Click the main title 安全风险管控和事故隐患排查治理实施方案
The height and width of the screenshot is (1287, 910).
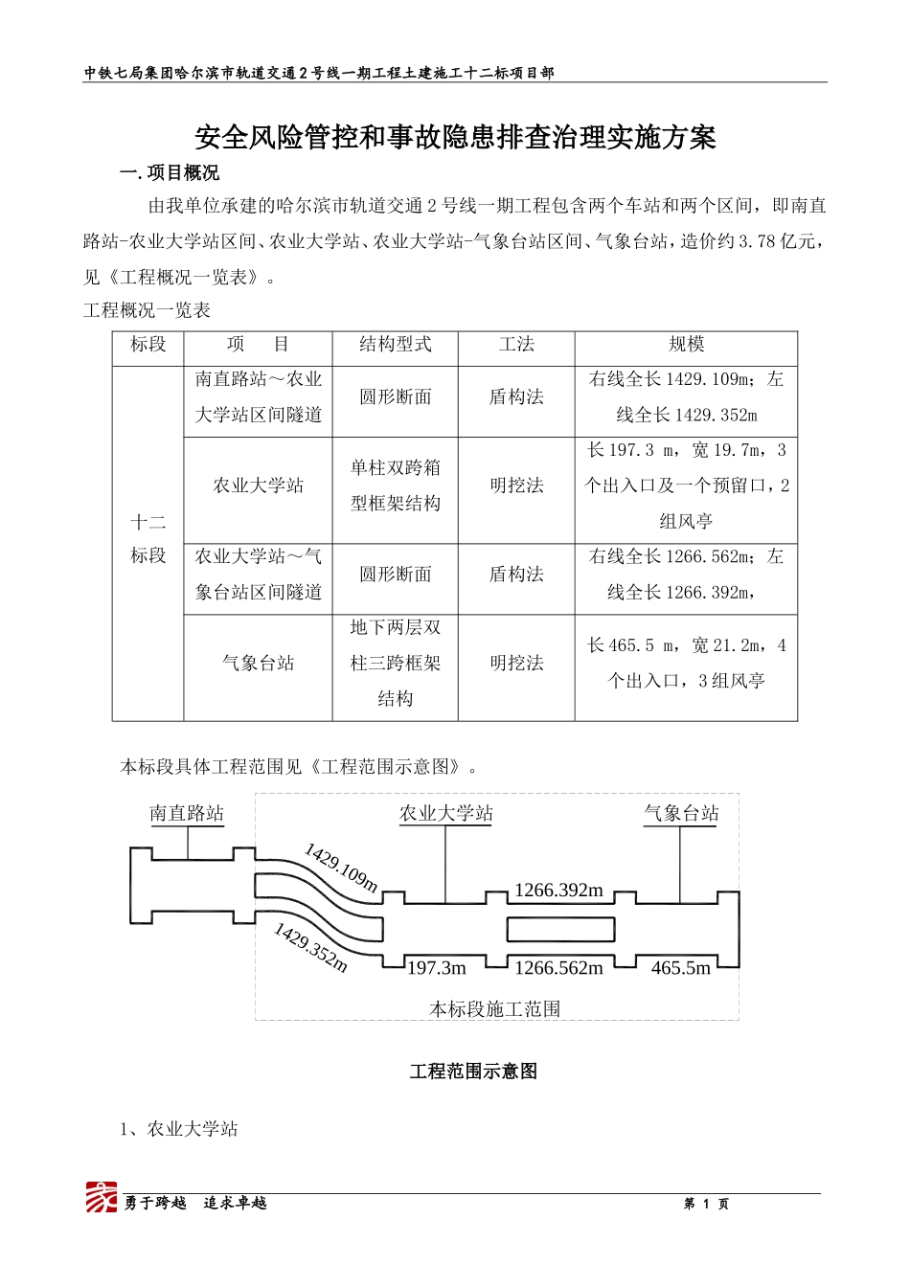tap(455, 138)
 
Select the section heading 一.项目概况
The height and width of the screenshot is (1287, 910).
tap(170, 173)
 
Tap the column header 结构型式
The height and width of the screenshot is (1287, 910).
tap(395, 345)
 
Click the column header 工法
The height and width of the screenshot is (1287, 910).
tap(516, 345)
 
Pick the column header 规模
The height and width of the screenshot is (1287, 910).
tap(686, 345)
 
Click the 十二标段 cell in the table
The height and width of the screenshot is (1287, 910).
tap(148, 539)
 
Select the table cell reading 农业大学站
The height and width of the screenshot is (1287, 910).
tap(258, 486)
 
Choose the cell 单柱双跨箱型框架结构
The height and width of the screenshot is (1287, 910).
tap(395, 485)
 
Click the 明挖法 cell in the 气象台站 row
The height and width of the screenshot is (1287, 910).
tap(516, 664)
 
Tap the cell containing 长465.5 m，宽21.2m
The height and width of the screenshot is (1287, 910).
tap(686, 664)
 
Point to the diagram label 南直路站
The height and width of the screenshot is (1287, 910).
tap(187, 814)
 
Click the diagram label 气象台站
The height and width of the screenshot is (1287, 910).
tap(681, 814)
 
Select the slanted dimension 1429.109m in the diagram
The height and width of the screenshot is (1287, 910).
tap(342, 867)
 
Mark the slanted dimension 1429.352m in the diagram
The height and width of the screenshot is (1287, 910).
tap(310, 947)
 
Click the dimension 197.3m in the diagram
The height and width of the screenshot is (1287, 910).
tap(437, 968)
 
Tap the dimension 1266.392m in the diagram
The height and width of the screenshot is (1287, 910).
tap(558, 891)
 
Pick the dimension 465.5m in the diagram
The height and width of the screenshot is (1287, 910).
tap(681, 968)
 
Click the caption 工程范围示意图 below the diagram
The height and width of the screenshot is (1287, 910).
tap(473, 1072)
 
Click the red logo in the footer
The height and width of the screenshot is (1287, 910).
tap(102, 1198)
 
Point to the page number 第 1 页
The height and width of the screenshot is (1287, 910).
tap(706, 1204)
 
